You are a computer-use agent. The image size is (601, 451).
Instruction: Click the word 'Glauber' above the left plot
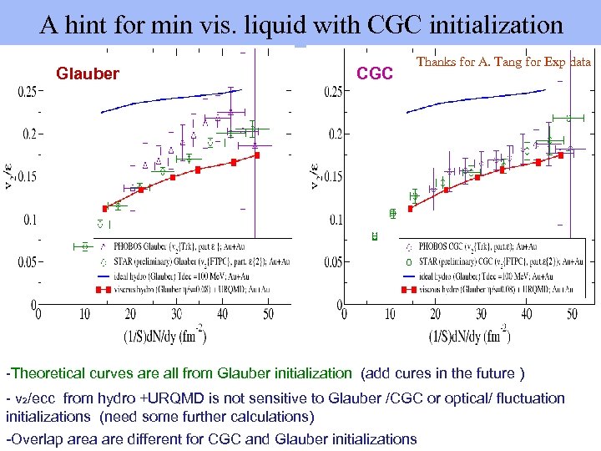click(x=88, y=74)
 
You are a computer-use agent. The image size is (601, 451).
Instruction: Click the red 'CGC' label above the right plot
click(x=375, y=74)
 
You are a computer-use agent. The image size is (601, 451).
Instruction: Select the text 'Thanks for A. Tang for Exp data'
click(x=503, y=62)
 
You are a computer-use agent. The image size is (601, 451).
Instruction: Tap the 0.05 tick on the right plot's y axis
click(x=336, y=262)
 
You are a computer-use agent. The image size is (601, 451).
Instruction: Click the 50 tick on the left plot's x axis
click(x=267, y=314)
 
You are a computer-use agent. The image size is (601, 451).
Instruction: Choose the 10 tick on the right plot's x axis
click(x=390, y=314)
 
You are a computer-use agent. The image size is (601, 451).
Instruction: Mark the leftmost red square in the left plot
click(x=105, y=208)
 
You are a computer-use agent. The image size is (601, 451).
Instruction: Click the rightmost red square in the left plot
click(x=258, y=155)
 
